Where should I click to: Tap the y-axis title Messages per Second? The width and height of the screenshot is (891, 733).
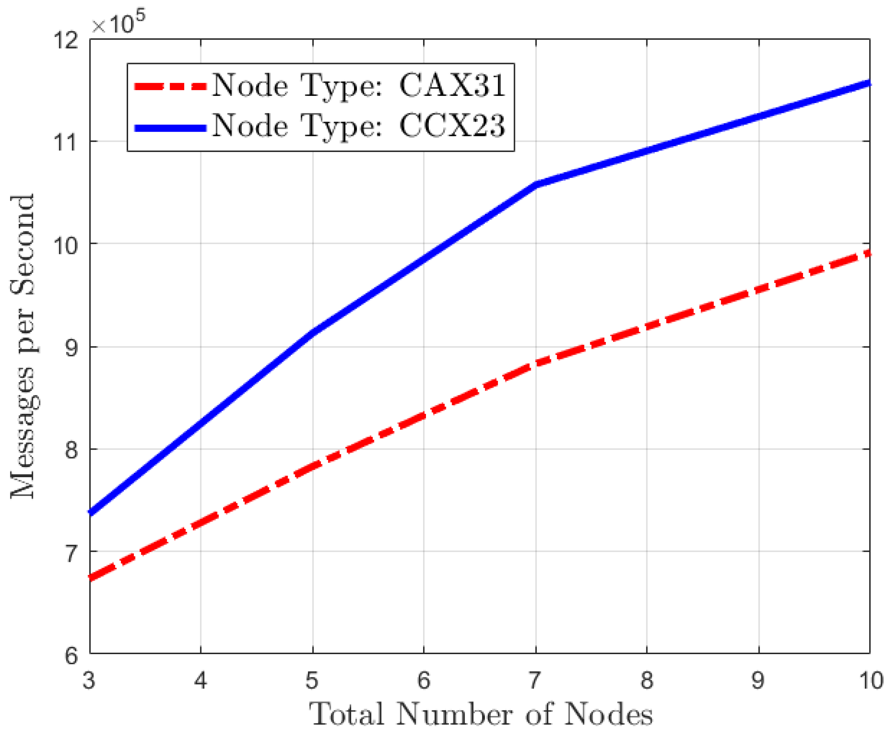point(23,346)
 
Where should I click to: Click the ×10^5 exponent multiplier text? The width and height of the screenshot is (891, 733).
point(119,23)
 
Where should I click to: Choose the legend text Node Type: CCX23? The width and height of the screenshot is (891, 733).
point(358,126)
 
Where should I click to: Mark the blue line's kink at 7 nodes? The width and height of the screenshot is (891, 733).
point(536,185)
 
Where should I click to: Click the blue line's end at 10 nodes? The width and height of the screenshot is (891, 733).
point(868,83)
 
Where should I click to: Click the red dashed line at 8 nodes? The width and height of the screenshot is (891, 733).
point(647,326)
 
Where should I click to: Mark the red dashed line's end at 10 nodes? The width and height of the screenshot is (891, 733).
point(868,253)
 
